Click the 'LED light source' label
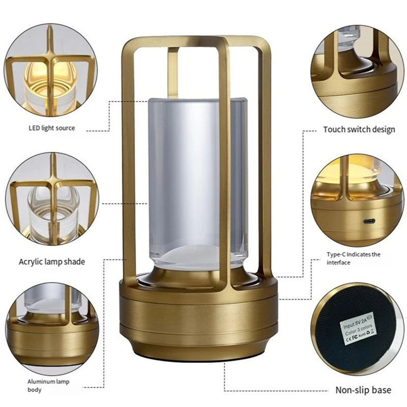pyautogui.click(x=51, y=128)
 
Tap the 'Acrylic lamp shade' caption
pyautogui.click(x=52, y=261)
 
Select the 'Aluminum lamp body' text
pyautogui.click(x=48, y=386)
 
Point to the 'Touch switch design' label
pyautogui.click(x=359, y=129)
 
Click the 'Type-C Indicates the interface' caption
pyautogui.click(x=353, y=258)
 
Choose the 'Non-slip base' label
pyautogui.click(x=363, y=390)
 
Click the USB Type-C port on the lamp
pyautogui.click(x=368, y=222)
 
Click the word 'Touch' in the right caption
pyautogui.click(x=335, y=129)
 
